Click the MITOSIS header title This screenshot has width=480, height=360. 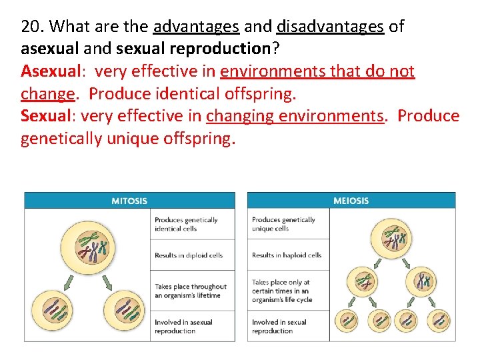coord(129,200)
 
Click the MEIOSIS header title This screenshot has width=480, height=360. coord(351,200)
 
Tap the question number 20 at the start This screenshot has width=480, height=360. coord(31,27)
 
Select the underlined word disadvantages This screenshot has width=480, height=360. coord(330,27)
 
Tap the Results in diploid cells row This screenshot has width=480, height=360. coord(189,255)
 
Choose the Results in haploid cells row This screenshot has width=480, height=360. coord(287,255)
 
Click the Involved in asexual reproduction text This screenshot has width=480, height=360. coord(183,326)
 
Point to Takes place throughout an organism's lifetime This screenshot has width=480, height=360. coord(191,291)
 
